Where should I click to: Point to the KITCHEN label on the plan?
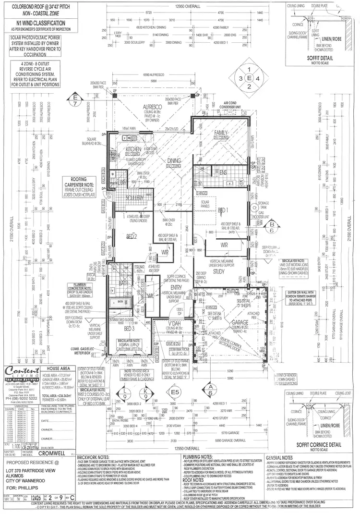(133, 149)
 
